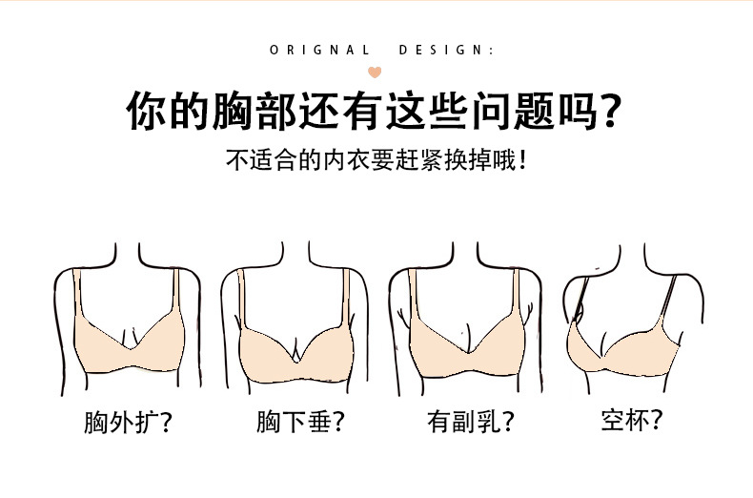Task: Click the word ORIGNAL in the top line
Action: tap(319, 51)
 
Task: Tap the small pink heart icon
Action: tap(376, 71)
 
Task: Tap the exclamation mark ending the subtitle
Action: tap(523, 158)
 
